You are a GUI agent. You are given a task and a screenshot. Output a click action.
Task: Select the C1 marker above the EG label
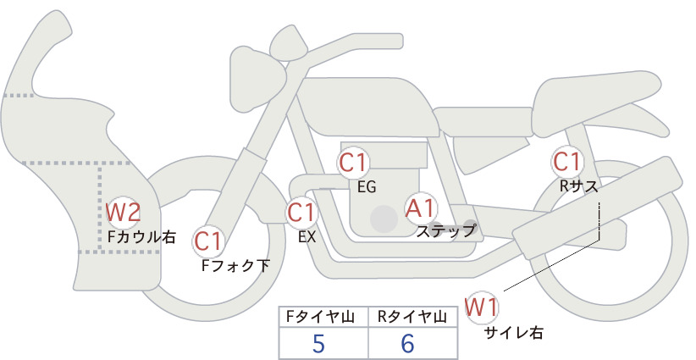click(353, 163)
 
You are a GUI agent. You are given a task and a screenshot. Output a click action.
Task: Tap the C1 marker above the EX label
click(301, 213)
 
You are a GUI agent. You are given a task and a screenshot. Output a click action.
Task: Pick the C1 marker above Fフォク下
click(207, 241)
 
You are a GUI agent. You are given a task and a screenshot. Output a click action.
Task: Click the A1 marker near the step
click(420, 208)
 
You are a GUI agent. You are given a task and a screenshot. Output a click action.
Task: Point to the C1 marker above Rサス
click(566, 161)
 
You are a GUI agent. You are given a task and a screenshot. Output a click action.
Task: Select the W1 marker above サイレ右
click(482, 307)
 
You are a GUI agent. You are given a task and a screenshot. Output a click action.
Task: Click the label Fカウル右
click(141, 236)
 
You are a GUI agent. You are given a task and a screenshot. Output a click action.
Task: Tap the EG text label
click(367, 187)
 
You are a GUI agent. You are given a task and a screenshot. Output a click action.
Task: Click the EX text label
click(307, 237)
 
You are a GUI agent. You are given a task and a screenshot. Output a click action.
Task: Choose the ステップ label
click(446, 231)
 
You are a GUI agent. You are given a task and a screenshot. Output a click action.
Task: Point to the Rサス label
click(578, 186)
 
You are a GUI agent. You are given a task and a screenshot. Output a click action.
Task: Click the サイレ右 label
click(514, 333)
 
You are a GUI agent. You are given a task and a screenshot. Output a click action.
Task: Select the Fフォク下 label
click(235, 265)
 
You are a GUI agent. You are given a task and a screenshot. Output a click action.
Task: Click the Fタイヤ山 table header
click(320, 317)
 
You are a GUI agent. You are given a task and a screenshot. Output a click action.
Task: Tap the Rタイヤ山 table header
click(412, 317)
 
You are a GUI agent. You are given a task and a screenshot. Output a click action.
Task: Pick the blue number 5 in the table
click(318, 343)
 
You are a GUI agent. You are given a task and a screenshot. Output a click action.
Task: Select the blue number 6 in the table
click(407, 343)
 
